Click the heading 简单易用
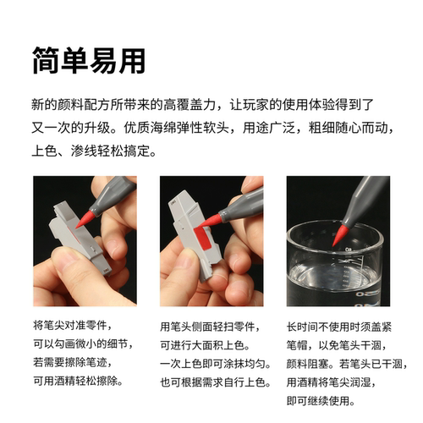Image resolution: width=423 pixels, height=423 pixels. [89, 60]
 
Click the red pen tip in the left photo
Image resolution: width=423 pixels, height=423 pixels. [85, 219]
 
